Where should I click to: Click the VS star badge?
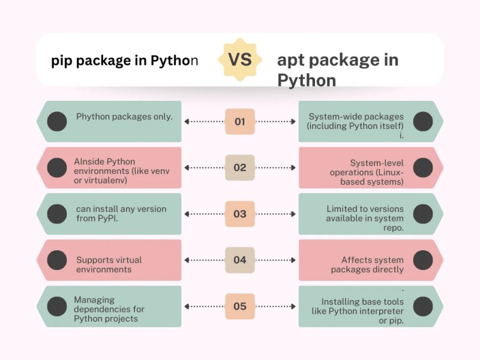pos(239,59)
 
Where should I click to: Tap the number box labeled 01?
pos(239,122)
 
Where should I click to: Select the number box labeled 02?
pos(239,168)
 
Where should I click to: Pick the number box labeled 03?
pos(239,214)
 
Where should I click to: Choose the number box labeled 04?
pos(239,260)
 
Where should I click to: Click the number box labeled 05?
pos(239,307)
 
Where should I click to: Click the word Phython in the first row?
pos(93,117)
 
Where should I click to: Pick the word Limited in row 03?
pos(341,209)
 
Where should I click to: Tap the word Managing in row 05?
pos(94,301)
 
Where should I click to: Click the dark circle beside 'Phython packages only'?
pos(57,122)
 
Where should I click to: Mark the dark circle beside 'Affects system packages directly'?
pos(423,260)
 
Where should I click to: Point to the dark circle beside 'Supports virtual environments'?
pos(57,260)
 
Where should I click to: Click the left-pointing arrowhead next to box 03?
pos(187,214)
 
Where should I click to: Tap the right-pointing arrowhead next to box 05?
pos(293,307)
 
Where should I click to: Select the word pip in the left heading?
pos(61,61)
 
